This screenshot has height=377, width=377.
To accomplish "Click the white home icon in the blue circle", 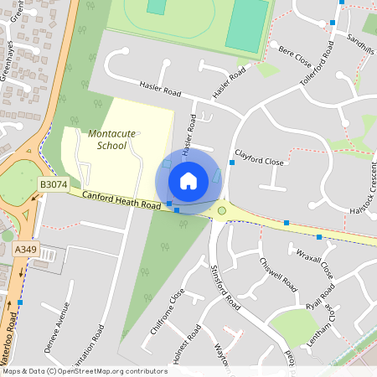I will click(188, 180).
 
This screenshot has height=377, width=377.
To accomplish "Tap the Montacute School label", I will click(106, 139).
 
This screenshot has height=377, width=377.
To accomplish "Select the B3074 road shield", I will click(52, 183).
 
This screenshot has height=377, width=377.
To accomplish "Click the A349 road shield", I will click(26, 249).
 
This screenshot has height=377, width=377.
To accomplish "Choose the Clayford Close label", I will click(259, 158).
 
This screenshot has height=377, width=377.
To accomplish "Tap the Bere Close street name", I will click(294, 57).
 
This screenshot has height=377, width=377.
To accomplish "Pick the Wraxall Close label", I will click(314, 262).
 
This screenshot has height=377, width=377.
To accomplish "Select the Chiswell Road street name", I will click(278, 272).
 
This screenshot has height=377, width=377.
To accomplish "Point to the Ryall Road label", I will click(320, 297).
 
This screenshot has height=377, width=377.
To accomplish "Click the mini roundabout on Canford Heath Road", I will click(221, 210).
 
